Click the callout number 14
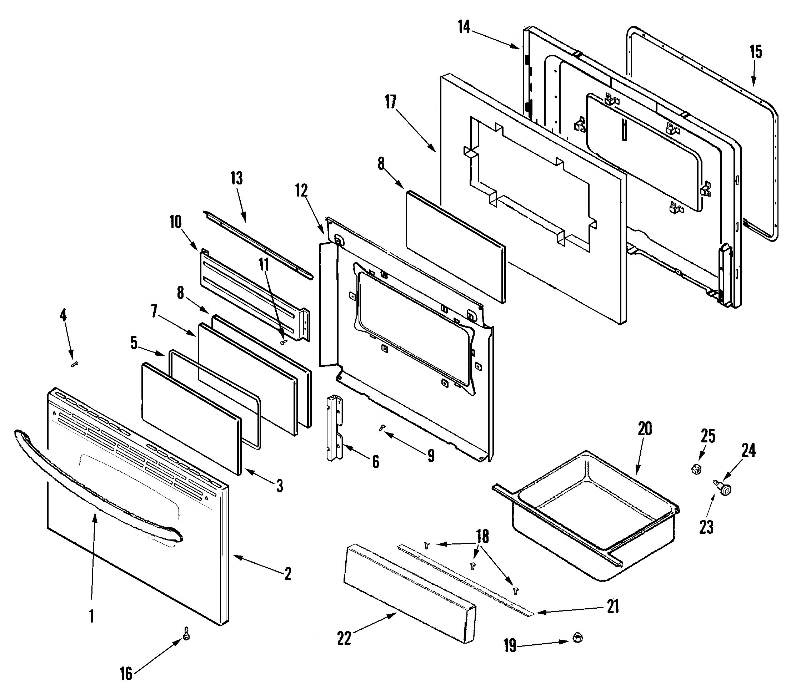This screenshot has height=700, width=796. click(x=464, y=27)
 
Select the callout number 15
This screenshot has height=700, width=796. click(x=756, y=52)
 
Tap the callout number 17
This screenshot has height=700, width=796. click(x=390, y=102)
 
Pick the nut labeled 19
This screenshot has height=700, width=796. click(x=578, y=638)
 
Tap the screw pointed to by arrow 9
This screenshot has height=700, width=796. click(x=382, y=428)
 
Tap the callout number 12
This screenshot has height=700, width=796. click(x=301, y=190)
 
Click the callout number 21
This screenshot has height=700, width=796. click(x=613, y=606)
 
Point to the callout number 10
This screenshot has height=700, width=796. click(x=175, y=222)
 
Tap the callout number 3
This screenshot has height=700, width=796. click(x=279, y=486)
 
